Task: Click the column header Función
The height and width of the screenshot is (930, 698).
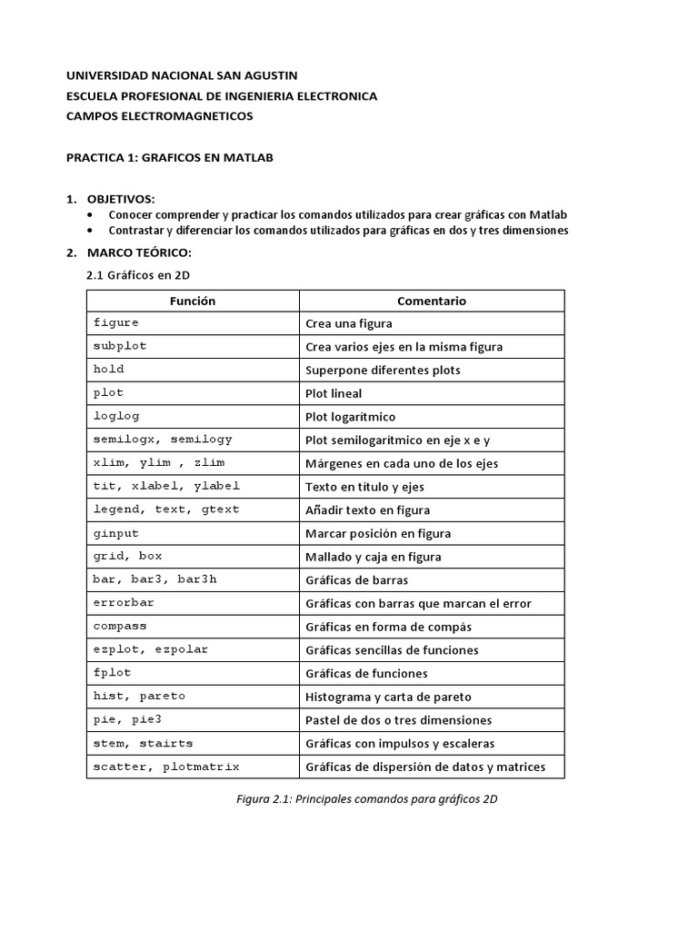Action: pyautogui.click(x=193, y=301)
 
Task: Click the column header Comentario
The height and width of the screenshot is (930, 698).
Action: pyautogui.click(x=432, y=301)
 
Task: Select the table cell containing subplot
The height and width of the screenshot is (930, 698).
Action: pyautogui.click(x=120, y=346)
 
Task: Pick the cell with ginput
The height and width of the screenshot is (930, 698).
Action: pyautogui.click(x=116, y=533)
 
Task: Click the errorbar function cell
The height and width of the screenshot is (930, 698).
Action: pyautogui.click(x=124, y=603)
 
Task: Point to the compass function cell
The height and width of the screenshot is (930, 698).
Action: pyautogui.click(x=120, y=627)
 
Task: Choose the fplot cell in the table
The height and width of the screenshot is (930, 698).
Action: pyautogui.click(x=113, y=673)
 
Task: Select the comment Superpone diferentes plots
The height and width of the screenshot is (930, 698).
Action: pyautogui.click(x=383, y=370)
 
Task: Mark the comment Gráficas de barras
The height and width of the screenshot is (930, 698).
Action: pyautogui.click(x=356, y=580)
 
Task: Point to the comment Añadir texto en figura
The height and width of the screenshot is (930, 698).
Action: pyautogui.click(x=368, y=510)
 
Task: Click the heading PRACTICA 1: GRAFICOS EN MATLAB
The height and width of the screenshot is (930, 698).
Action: pyautogui.click(x=170, y=157)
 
